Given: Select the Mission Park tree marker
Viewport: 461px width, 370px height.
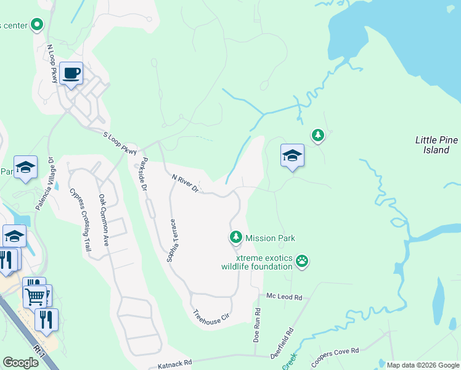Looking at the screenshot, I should [235, 237].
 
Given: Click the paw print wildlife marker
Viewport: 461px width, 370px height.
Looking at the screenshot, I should [301, 261].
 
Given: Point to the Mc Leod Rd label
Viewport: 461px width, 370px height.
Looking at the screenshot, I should [284, 297].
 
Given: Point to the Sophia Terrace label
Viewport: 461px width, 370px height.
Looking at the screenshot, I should [173, 240].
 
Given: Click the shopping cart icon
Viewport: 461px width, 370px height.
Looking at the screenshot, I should [35, 297].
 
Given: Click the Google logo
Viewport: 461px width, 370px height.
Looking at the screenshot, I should [20, 363].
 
